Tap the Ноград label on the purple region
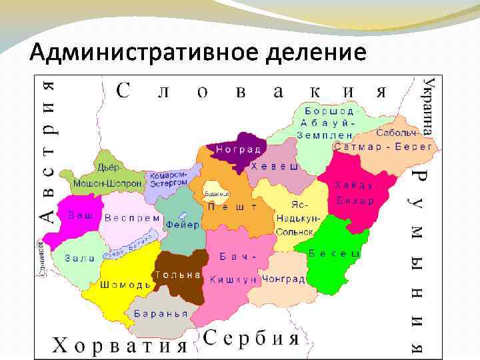tap(237, 149)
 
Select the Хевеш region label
tap(275, 167)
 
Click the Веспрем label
tap(132, 217)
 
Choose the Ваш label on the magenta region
tap(80, 215)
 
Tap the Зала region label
tap(79, 258)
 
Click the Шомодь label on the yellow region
tap(125, 285)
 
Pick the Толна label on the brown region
tap(178, 275)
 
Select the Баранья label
tap(161, 313)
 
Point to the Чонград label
tap(285, 279)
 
